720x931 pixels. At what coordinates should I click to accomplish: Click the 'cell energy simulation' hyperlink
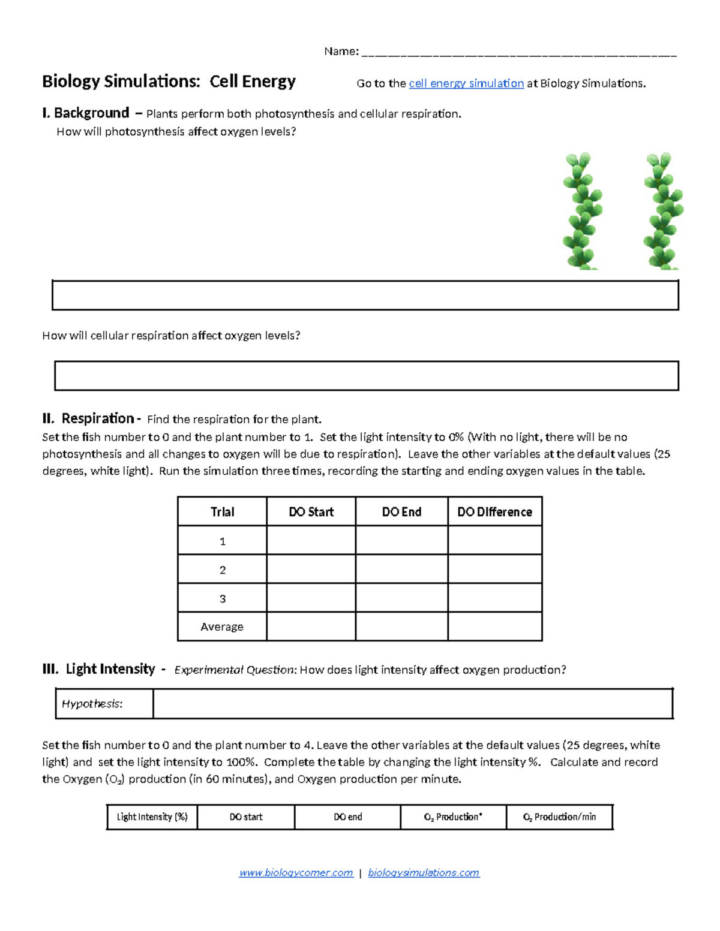click(x=466, y=83)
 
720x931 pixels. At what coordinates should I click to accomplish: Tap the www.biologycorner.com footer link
click(x=296, y=873)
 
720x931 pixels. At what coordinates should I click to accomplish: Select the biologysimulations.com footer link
click(x=424, y=873)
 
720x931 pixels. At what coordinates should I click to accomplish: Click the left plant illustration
click(x=581, y=210)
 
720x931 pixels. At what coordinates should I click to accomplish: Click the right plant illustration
click(x=662, y=210)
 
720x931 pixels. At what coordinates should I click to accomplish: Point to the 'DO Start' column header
click(x=311, y=512)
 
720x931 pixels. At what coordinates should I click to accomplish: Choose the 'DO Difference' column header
click(x=494, y=512)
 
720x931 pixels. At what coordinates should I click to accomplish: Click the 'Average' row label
click(x=222, y=626)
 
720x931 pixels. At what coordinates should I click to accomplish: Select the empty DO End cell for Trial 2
click(x=401, y=570)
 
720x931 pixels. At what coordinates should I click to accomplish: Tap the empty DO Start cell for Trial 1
click(x=311, y=541)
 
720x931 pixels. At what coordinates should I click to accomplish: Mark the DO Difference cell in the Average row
click(x=494, y=626)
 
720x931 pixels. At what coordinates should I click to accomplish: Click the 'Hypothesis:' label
click(x=92, y=704)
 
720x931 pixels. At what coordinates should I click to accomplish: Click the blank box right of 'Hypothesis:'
click(x=413, y=704)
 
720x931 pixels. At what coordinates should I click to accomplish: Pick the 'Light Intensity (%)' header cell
click(x=152, y=817)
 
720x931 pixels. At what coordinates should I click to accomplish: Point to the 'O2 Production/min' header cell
click(x=559, y=817)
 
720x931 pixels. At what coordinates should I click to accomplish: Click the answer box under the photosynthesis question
click(x=365, y=295)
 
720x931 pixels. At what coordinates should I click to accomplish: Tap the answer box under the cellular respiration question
click(x=366, y=376)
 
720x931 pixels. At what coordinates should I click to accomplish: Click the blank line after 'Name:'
click(x=519, y=52)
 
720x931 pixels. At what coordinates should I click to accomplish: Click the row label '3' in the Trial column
click(x=223, y=598)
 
